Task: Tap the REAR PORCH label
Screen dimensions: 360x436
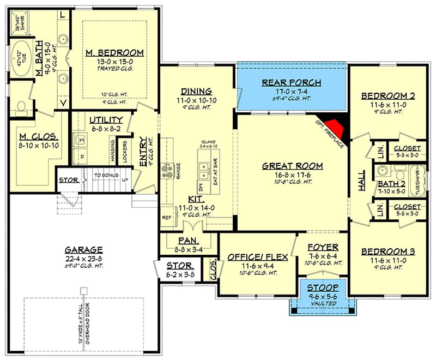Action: point(291,82)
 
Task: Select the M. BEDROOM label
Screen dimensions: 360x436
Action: point(115,53)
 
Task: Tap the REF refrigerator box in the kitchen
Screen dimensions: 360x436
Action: point(167,217)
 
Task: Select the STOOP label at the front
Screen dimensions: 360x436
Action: point(322,287)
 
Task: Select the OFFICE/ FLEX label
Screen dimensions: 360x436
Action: point(251,257)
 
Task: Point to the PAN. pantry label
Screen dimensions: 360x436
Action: point(187,240)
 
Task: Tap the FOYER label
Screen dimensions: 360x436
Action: point(323,247)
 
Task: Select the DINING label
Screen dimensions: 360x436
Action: point(197,91)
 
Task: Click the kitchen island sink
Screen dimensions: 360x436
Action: point(205,176)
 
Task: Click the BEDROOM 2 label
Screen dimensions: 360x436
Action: point(388,97)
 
